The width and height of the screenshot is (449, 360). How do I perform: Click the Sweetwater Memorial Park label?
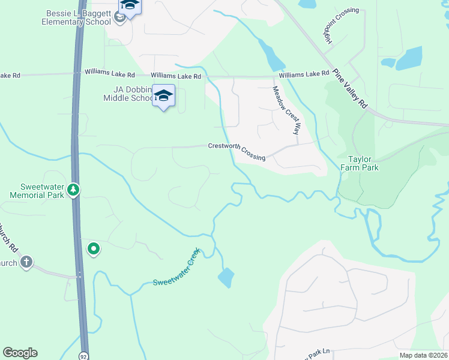(x=37, y=191)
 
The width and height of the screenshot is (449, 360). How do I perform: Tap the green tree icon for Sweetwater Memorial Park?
(x=73, y=190)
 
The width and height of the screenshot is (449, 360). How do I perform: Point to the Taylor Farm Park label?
(x=363, y=164)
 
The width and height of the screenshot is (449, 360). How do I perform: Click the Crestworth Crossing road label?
(x=237, y=151)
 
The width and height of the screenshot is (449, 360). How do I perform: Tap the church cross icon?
(x=26, y=262)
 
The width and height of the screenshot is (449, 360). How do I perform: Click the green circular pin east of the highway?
(x=93, y=248)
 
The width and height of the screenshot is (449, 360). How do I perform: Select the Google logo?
(x=20, y=353)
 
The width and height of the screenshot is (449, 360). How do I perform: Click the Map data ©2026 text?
(x=423, y=355)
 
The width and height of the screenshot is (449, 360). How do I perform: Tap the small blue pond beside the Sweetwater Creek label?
(x=225, y=277)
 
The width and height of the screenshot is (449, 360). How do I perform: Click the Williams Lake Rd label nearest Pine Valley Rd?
(x=304, y=74)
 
